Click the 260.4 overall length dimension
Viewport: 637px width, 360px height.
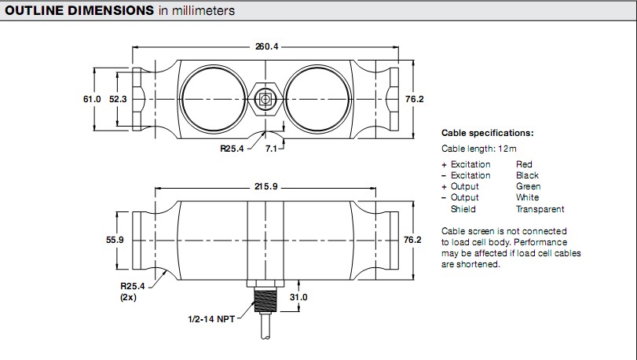tap(266, 46)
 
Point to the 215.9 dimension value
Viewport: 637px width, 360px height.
tap(266, 187)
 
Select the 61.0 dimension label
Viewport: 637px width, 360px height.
tap(92, 99)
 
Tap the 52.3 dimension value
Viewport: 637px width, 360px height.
tap(118, 99)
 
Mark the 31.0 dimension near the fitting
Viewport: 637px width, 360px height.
tap(298, 297)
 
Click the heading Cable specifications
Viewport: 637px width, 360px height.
tap(487, 133)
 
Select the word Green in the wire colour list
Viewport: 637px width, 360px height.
tap(528, 186)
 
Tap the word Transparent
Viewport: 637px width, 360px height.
tap(540, 209)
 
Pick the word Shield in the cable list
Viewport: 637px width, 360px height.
tap(463, 209)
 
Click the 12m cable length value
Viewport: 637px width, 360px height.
tap(507, 148)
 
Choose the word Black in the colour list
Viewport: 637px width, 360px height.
tap(527, 175)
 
